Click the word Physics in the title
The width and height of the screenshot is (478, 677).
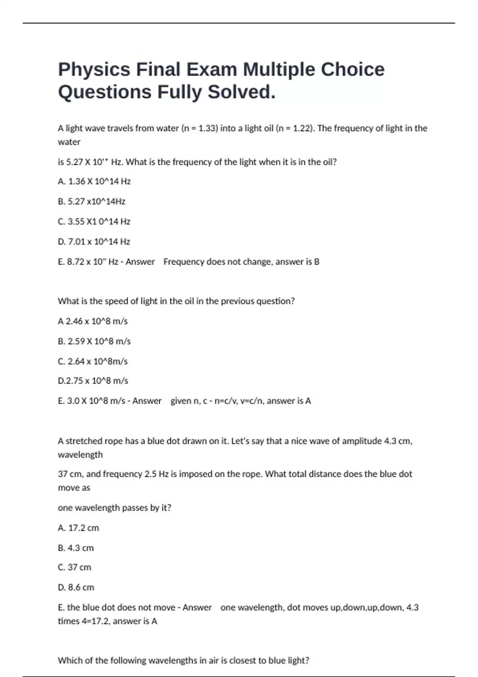[x=94, y=70]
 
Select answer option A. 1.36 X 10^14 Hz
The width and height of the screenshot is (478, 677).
[x=94, y=182]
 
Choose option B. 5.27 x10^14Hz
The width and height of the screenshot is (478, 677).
[x=91, y=202]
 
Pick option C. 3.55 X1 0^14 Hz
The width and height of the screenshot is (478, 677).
[x=94, y=221]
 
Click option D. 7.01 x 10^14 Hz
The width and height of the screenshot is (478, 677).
[x=94, y=242]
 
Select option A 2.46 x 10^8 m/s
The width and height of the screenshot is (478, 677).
[x=92, y=321]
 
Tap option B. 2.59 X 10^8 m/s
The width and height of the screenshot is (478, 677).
[x=94, y=341]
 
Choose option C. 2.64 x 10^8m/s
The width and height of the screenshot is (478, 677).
[x=92, y=362]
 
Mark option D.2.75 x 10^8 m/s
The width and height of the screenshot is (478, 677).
[x=93, y=381]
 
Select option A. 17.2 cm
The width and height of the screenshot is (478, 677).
[x=78, y=528]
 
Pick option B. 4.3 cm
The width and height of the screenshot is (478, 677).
[x=76, y=548]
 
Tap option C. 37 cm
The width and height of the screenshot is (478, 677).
[x=74, y=567]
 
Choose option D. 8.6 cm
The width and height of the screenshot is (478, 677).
[x=76, y=587]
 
